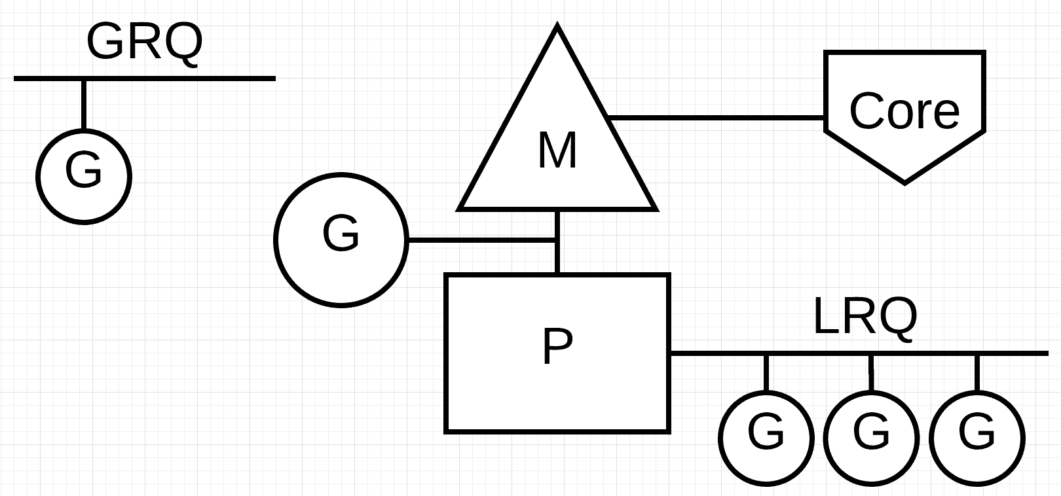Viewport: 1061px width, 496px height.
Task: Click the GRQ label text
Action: point(144,42)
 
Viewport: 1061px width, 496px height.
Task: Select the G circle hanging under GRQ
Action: point(84,176)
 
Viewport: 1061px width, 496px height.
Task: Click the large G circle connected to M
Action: point(341,239)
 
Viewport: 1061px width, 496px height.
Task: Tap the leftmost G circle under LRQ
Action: point(766,438)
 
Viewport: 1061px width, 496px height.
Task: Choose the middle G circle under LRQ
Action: point(872,438)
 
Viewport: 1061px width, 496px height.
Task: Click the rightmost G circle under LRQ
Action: point(977,438)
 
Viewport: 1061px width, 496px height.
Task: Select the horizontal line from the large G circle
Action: point(481,240)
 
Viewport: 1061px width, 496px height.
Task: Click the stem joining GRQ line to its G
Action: point(84,105)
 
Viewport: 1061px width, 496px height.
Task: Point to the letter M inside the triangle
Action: point(557,151)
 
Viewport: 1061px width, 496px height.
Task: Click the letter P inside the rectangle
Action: point(557,347)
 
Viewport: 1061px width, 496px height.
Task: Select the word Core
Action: point(904,111)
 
